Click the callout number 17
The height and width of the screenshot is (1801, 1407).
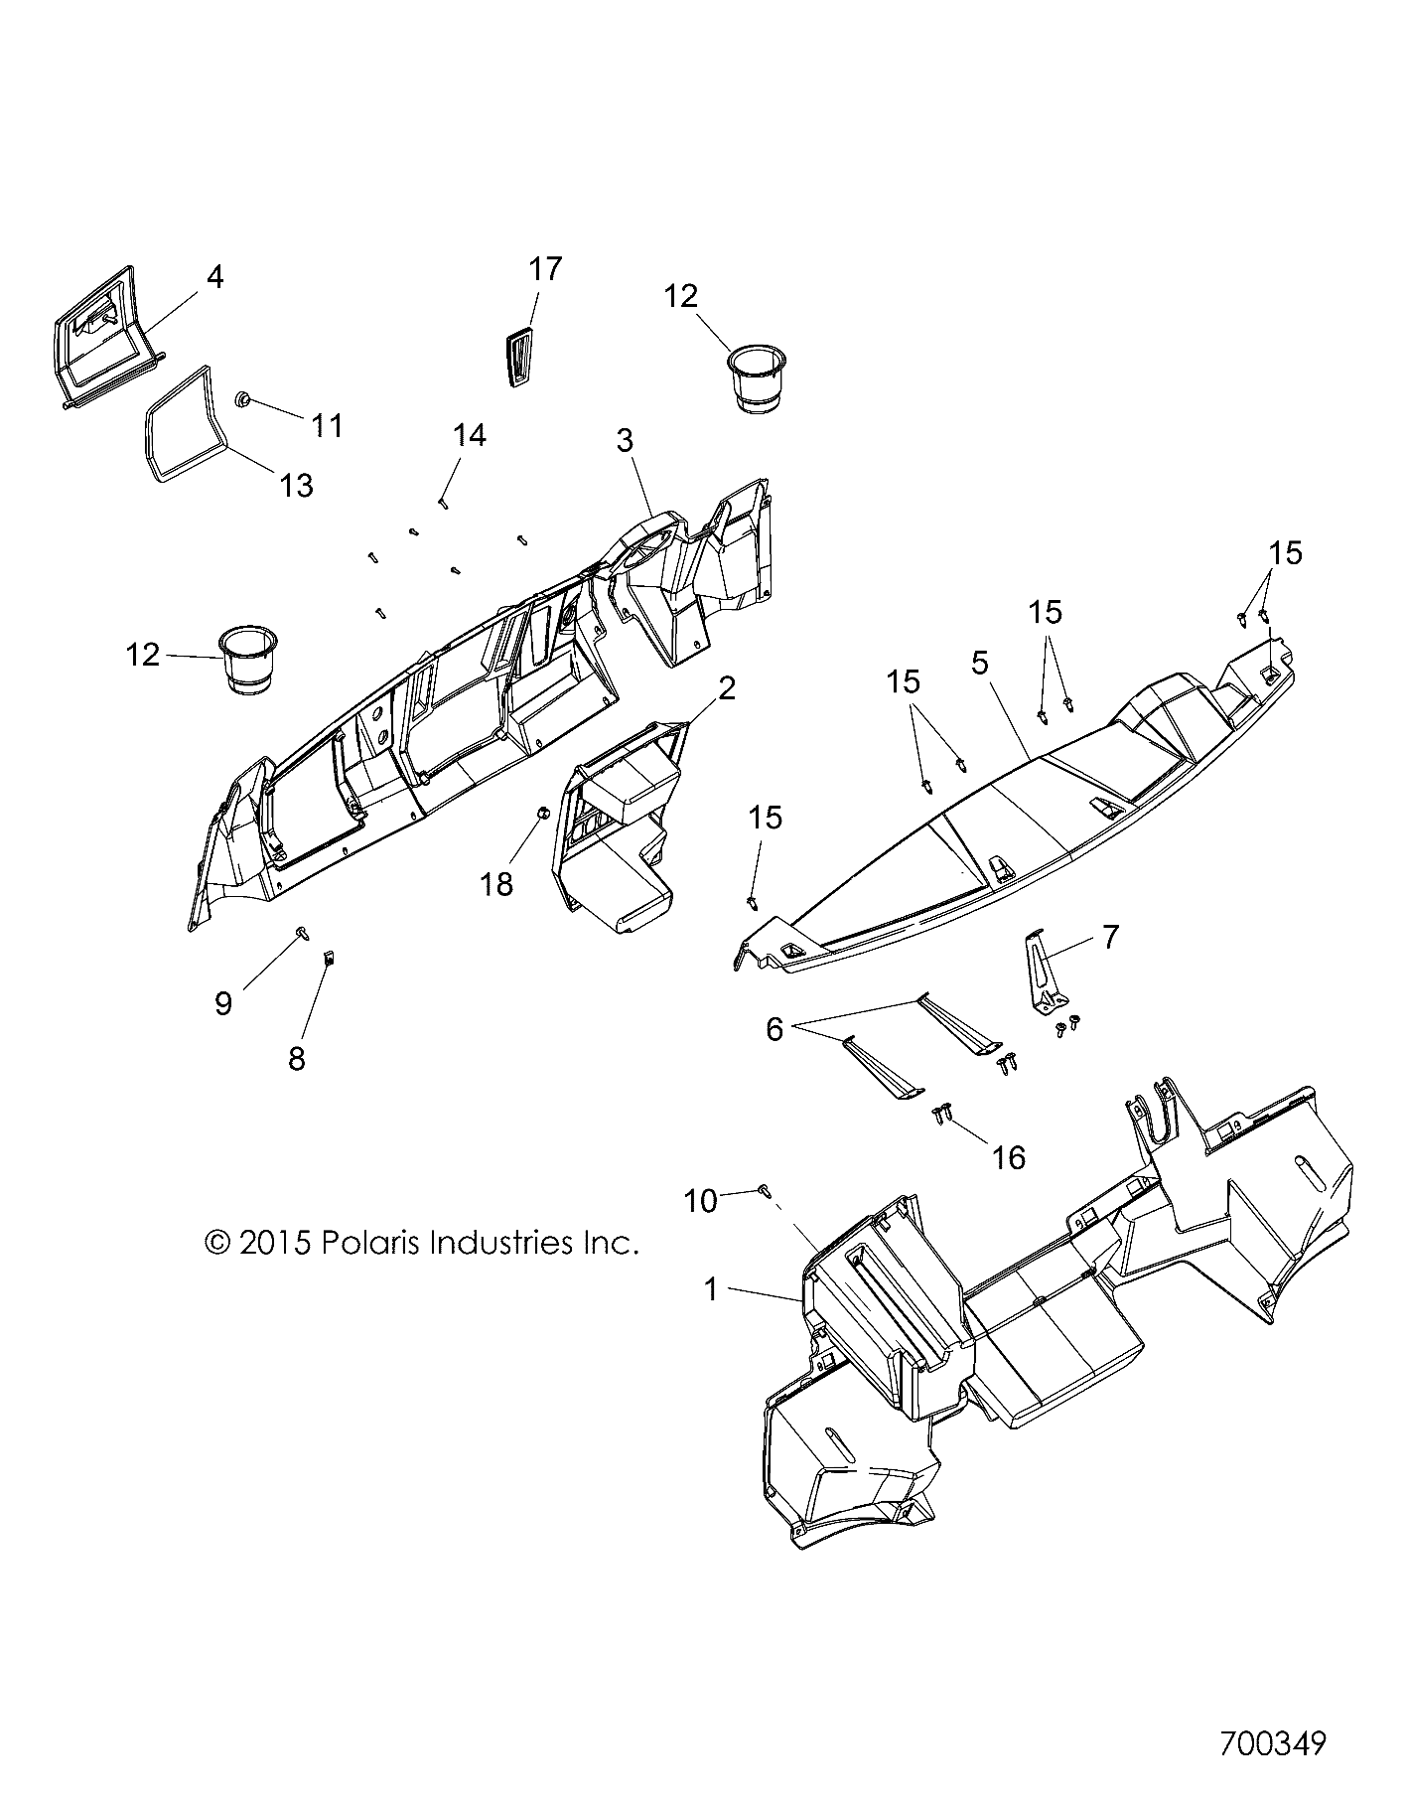(545, 269)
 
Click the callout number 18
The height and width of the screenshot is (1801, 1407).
(496, 883)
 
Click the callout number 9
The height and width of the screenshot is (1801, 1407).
(223, 1004)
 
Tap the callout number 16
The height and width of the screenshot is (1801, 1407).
(1009, 1157)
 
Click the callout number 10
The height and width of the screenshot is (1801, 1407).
(701, 1201)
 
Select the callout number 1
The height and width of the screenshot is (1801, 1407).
(710, 1290)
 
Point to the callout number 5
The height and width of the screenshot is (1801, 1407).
(980, 663)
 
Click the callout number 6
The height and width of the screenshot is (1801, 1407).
(774, 1029)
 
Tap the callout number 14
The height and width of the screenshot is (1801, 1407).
(470, 435)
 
